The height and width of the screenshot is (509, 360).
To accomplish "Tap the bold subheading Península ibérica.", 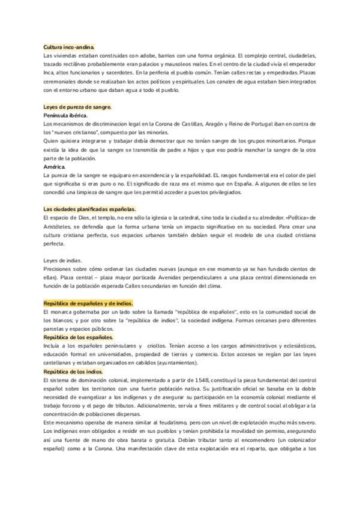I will pyautogui.click(x=65, y=115).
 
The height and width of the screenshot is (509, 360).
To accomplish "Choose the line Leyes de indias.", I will pyautogui.click(x=62, y=260).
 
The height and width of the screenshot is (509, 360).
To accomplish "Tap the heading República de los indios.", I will pyautogui.click(x=73, y=372).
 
